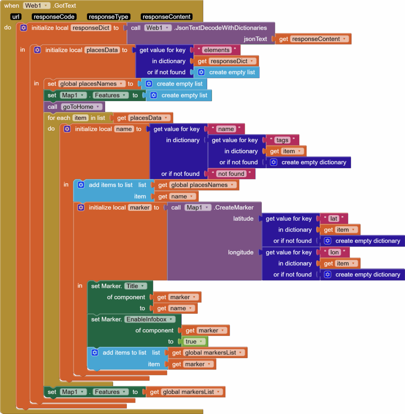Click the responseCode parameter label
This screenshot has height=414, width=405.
point(53,17)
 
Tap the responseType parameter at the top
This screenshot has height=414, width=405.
point(108,17)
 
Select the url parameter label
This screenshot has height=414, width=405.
point(16,17)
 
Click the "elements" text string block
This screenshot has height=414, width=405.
point(217,50)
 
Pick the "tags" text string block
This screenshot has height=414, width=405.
point(282,140)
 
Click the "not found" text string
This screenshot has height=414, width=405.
point(231,174)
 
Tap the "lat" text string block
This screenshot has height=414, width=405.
point(334,219)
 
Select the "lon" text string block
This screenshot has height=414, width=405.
point(334,252)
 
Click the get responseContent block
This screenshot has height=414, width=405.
point(313,39)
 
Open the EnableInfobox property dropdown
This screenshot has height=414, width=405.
point(149,319)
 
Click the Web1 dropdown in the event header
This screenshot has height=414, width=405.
point(37,6)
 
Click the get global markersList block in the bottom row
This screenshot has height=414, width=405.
point(186,392)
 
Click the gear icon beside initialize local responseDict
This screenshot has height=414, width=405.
point(24,28)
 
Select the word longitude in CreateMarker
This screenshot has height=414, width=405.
point(241,252)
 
